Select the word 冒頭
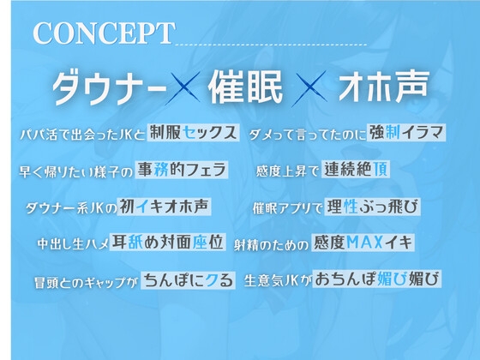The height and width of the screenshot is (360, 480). [40, 280]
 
